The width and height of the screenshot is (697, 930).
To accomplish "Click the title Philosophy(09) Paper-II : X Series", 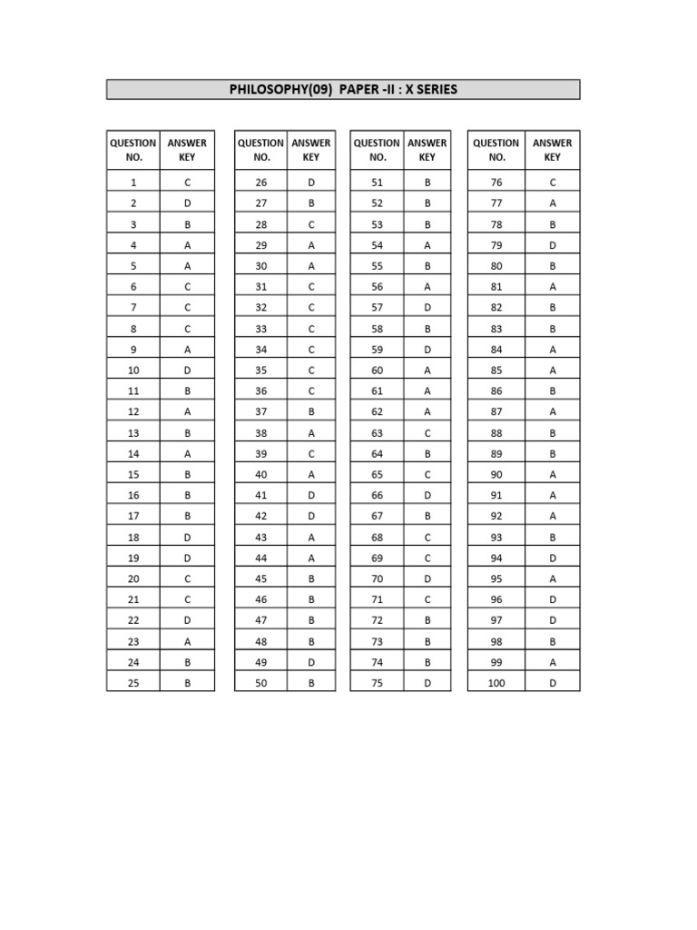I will pos(343,89).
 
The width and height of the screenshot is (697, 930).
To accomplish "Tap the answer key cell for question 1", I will pos(187,183).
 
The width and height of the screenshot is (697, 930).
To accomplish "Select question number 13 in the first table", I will pos(133,433).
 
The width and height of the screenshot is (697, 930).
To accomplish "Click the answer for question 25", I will pos(187,683).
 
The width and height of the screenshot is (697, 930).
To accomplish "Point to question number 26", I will pos(261,183).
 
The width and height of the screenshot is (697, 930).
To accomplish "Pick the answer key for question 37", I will pos(311,412).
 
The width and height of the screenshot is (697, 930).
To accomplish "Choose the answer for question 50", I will pos(311,683).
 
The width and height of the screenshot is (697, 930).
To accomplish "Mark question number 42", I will pos(261,516).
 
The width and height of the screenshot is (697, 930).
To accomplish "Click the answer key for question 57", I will pos(427,308).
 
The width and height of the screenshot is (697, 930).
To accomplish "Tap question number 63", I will pos(377,433).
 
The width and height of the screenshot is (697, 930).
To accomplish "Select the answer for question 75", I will pos(427,683).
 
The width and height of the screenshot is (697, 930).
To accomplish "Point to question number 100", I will pos(496,683).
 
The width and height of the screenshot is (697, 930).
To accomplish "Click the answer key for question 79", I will pos(552,245).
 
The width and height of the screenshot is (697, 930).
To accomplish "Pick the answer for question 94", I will pos(552,558).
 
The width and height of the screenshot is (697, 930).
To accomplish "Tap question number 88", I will pos(496,433).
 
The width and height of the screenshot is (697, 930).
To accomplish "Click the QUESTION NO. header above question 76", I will pos(496,150).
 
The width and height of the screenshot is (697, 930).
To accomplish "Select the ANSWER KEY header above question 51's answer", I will pos(427,150).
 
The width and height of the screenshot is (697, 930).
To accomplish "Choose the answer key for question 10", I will pos(187,371).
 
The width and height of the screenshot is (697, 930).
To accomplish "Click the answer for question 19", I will pos(187,558).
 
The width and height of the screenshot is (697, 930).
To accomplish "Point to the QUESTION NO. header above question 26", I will pos(261,150).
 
